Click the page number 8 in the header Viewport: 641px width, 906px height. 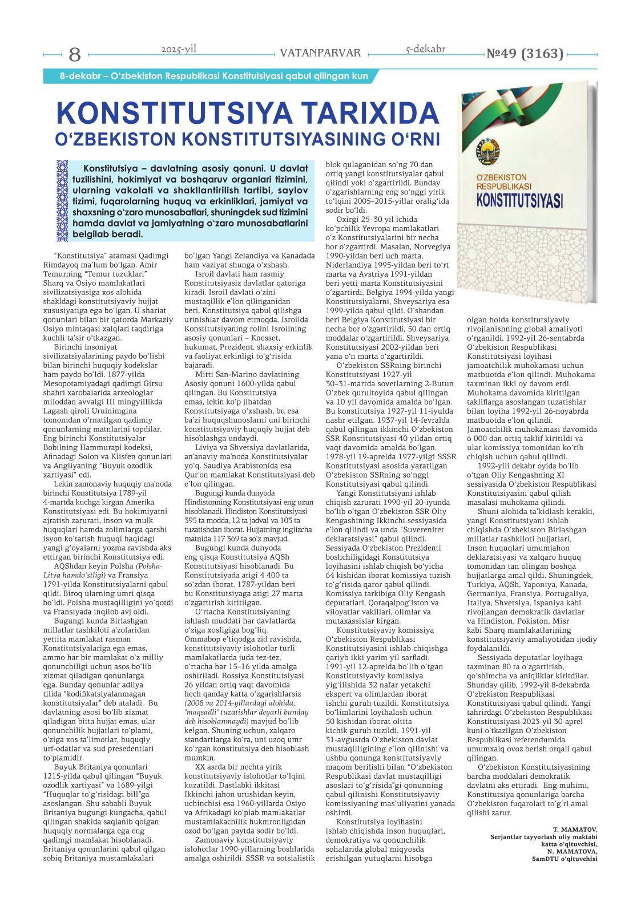(x=75, y=55)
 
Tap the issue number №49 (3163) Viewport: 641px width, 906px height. (x=524, y=54)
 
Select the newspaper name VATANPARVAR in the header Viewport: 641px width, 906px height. (x=321, y=54)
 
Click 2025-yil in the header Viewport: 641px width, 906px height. (x=179, y=50)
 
